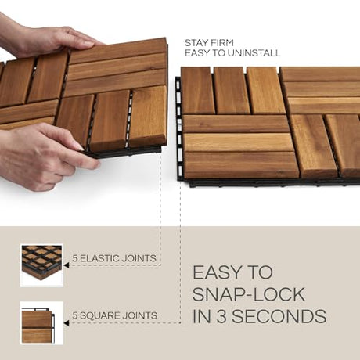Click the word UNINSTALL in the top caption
pos(254,53)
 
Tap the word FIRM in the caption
pos(221,43)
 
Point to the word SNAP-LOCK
pos(249,294)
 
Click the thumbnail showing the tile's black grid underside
pos(41,265)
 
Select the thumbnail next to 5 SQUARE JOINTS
pos(41,322)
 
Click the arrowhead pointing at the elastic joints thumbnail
pos(67,265)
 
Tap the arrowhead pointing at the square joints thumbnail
pos(67,323)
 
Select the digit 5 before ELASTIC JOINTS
pos(75,258)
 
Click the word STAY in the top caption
pos(196,43)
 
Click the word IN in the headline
pos(201,316)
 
